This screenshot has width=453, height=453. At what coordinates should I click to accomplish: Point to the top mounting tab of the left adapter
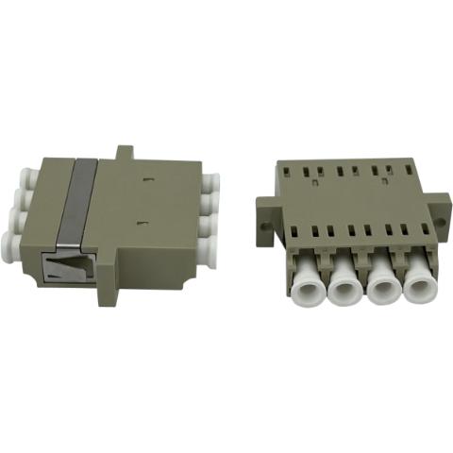point(123,151)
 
